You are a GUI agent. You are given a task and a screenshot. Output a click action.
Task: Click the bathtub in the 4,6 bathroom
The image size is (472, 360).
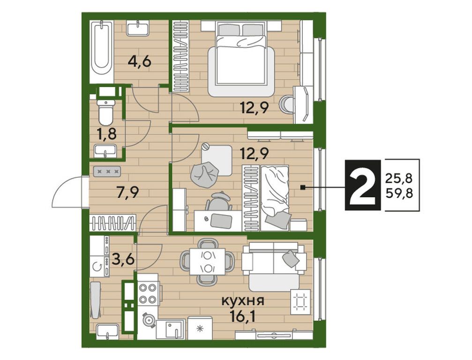click(101, 51)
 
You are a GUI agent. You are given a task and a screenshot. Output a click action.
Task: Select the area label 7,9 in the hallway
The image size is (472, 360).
click(127, 192)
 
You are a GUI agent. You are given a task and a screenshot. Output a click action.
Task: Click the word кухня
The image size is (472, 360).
click(243, 300)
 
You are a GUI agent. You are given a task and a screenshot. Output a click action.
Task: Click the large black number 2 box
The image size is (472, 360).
click(363, 185)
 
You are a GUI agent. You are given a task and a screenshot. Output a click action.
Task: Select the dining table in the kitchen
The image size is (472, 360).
click(207, 262)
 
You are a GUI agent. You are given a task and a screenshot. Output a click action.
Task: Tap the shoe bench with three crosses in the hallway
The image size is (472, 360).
click(107, 171)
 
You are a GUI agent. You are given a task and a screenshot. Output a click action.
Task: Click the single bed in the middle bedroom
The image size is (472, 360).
click(275, 198)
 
